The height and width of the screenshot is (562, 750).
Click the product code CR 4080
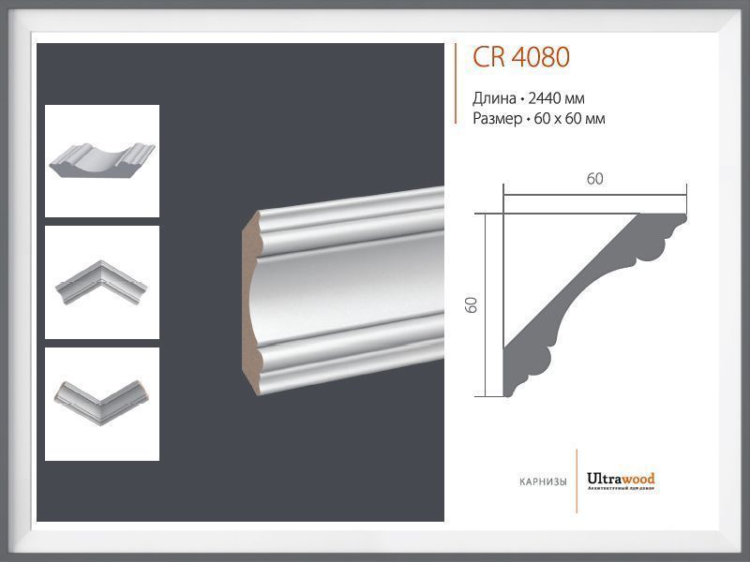coord(520,58)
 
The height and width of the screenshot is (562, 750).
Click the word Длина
coord(494,98)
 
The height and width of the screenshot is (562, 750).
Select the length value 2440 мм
coord(557,98)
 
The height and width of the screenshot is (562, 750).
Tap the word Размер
coord(499,118)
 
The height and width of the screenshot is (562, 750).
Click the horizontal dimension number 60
coord(595,180)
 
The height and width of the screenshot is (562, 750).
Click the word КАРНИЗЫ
coord(543,482)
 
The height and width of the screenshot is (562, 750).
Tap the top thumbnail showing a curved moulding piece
coord(102,161)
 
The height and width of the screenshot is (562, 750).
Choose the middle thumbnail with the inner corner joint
coord(102,282)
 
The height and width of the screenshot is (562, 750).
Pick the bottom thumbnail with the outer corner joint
coord(102,404)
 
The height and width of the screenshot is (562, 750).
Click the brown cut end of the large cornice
coord(252,300)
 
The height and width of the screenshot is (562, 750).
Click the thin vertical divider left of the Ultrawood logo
coord(577,483)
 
